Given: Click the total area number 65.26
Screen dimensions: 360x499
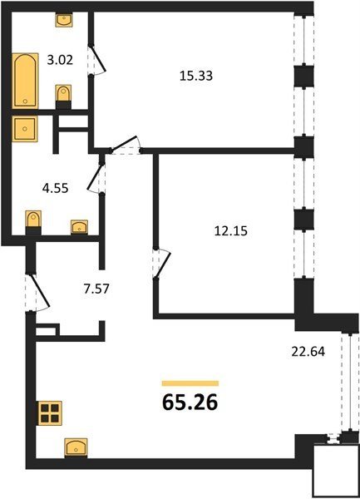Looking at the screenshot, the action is (190, 403).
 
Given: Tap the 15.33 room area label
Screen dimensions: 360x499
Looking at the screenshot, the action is (196, 76).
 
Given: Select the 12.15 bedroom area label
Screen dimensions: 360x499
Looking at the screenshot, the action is (230, 230).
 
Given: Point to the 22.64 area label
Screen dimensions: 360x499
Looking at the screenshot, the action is (308, 351).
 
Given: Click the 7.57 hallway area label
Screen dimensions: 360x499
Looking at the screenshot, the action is (96, 289).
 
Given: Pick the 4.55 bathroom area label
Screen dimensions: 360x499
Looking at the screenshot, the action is (56, 188).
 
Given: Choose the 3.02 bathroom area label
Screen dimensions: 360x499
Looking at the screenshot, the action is (60, 60).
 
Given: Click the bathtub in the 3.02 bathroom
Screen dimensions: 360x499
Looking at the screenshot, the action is (25, 81).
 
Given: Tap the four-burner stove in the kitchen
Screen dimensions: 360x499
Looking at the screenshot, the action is (50, 413).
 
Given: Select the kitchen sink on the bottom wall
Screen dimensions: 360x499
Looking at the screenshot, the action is (76, 447).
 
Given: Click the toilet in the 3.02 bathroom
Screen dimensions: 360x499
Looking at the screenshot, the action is (63, 96).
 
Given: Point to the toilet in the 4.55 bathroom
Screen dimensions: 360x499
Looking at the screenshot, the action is (33, 223).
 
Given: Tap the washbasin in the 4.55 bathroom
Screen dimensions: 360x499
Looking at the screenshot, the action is (79, 227).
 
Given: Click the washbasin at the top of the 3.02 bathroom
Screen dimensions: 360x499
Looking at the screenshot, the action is (64, 20).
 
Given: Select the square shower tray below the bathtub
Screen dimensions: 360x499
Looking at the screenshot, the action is (25, 129).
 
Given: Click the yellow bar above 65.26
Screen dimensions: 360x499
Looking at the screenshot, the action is (190, 383).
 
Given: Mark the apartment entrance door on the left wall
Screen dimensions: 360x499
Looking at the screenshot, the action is (37, 292).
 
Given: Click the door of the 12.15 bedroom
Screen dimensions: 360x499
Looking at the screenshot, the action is (161, 263).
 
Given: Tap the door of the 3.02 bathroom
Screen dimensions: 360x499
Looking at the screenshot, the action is (96, 60).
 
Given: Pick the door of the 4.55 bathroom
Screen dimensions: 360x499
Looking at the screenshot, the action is (96, 178).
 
